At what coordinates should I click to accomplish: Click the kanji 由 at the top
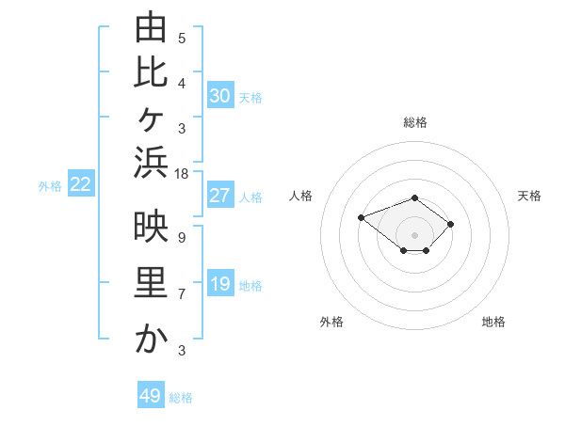[x=151, y=26]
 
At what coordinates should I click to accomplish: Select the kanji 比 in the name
[x=151, y=73]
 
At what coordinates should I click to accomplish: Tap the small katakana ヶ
[x=151, y=119]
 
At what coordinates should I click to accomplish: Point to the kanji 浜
[x=151, y=163]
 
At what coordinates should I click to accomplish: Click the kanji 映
[x=151, y=226]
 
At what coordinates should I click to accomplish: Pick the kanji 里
[x=151, y=282]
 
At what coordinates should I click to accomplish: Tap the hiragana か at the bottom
[x=152, y=338]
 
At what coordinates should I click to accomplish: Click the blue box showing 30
[x=220, y=95]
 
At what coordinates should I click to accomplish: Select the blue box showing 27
[x=220, y=195]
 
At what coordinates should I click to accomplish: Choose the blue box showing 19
[x=220, y=282]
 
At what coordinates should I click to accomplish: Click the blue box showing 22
[x=81, y=182]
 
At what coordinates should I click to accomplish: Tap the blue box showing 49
[x=151, y=394]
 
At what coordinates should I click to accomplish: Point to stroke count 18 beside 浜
[x=181, y=174]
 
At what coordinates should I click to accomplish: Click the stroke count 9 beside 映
[x=182, y=238]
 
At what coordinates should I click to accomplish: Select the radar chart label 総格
[x=415, y=122]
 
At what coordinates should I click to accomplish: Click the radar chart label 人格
[x=300, y=196]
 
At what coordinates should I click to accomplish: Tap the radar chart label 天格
[x=529, y=196]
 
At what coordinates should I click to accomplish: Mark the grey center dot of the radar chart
[x=414, y=235]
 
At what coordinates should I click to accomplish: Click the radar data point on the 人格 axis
[x=361, y=218]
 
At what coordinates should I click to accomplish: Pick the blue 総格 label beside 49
[x=181, y=398]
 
